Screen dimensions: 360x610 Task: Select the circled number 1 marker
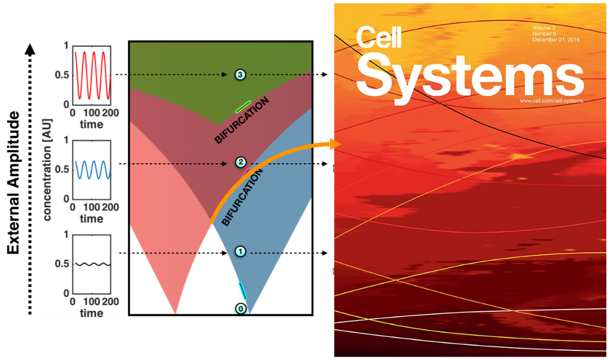point(239,252)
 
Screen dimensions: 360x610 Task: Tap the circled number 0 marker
point(240,309)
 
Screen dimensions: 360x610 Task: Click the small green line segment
point(243,106)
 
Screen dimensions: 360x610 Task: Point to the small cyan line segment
point(242,290)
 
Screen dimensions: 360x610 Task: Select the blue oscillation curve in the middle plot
point(91,169)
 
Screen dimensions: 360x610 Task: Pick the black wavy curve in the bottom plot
point(91,264)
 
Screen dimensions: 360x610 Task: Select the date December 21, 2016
point(556,40)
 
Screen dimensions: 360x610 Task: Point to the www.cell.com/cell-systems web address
point(551,100)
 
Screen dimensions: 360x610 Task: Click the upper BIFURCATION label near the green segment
point(242,121)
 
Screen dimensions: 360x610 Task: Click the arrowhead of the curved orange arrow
point(337,144)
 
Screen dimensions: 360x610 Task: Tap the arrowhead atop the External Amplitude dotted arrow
point(30,49)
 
